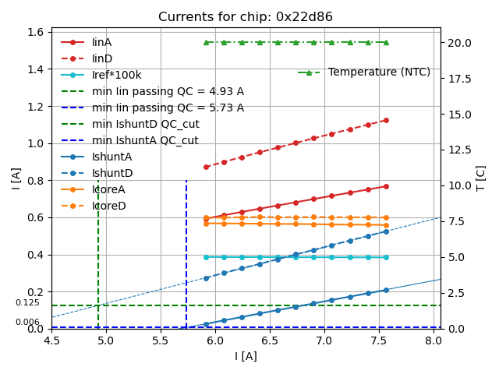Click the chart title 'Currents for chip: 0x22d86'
click(x=246, y=17)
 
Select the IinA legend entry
click(x=102, y=42)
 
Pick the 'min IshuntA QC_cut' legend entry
click(x=145, y=140)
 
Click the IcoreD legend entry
click(x=108, y=206)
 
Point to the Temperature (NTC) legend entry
click(x=379, y=72)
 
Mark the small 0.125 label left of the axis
click(x=27, y=303)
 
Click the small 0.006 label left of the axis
click(x=27, y=323)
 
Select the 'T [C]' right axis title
click(x=481, y=178)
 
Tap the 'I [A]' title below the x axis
click(x=246, y=356)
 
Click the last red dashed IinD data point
click(x=386, y=120)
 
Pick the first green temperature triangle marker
click(x=206, y=42)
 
